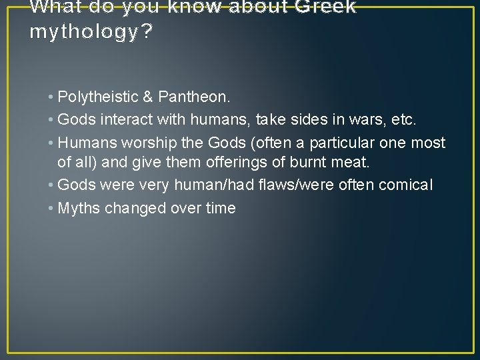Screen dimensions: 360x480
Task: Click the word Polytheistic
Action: [x=98, y=97]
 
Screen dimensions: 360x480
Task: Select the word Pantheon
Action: [x=194, y=97]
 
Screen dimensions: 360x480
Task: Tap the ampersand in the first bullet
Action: [x=148, y=97]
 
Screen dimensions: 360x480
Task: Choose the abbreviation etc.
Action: [x=405, y=120]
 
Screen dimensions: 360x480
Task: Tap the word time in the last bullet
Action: [x=221, y=208]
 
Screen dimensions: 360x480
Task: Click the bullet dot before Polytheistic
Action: [x=52, y=97]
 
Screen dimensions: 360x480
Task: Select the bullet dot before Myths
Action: [x=52, y=208]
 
